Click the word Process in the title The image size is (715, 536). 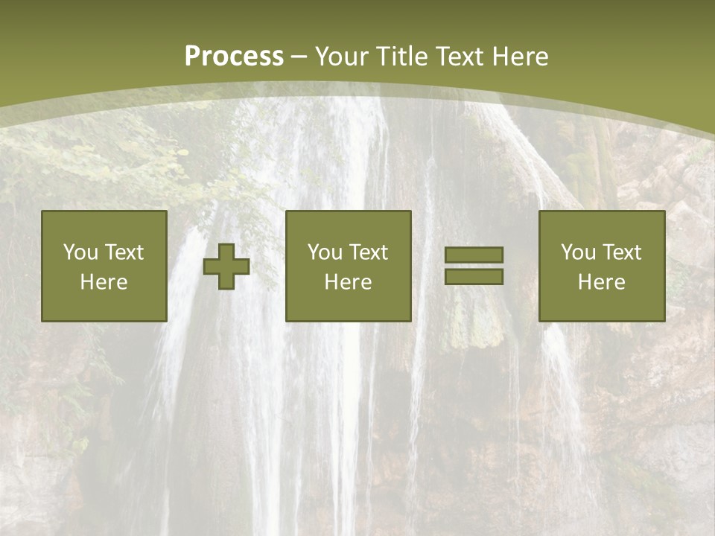coord(234,57)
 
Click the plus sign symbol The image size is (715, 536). coord(226,267)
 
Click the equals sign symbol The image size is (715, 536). coord(474,266)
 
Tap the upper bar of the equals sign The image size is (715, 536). coord(474,255)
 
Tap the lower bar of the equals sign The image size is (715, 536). coord(474,276)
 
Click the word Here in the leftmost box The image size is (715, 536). coord(104,282)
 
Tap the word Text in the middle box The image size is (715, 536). coord(367,252)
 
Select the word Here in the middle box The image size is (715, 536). coord(348,282)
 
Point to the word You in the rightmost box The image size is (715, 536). coord(578,252)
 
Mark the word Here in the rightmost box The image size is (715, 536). coord(601,282)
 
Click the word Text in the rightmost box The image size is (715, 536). coord(620,252)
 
